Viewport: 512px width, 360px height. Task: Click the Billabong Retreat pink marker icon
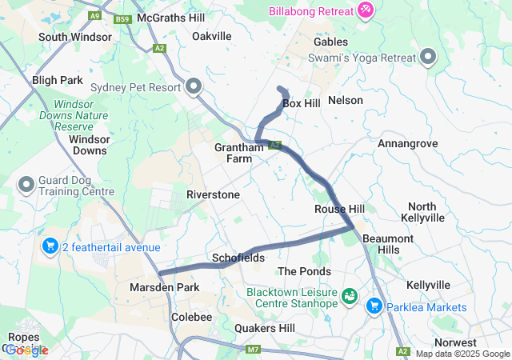(365, 9)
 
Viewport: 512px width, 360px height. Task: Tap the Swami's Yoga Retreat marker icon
(428, 57)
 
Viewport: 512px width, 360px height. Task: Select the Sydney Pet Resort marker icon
(194, 86)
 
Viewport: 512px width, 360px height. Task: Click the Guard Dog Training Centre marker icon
(26, 186)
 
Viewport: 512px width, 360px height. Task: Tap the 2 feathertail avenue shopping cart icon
(50, 246)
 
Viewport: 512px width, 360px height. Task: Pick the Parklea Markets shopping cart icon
(374, 306)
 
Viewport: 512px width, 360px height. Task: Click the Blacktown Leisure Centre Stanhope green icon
(350, 297)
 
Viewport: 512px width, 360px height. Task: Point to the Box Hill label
(301, 104)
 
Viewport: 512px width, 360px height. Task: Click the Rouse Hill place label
(339, 209)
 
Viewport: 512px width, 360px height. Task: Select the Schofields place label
(238, 258)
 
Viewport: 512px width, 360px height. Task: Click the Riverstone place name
(213, 194)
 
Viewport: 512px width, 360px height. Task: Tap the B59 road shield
(122, 19)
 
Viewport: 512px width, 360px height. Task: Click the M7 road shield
(254, 349)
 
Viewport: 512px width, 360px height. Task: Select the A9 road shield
(96, 15)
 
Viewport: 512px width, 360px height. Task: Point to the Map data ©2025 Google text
(462, 354)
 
